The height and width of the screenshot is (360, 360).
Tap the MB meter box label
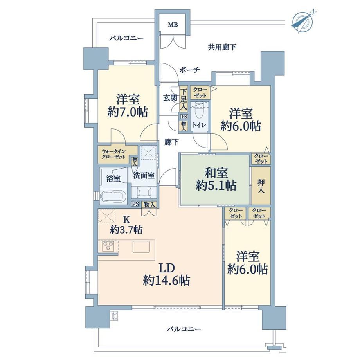click(173, 25)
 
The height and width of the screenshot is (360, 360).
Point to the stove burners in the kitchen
click(108, 247)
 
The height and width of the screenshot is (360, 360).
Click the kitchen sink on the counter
click(141, 247)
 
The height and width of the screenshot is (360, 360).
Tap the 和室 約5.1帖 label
click(216, 179)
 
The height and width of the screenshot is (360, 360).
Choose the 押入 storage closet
click(261, 186)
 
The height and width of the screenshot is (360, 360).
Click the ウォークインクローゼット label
click(114, 154)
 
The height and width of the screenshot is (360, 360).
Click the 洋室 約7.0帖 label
click(128, 106)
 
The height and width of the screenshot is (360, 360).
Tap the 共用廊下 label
click(222, 47)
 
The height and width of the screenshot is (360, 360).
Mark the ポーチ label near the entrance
click(189, 70)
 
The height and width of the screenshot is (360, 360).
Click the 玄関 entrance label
click(170, 98)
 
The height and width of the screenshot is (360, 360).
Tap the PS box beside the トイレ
click(184, 117)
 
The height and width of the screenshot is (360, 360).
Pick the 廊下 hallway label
click(171, 142)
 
